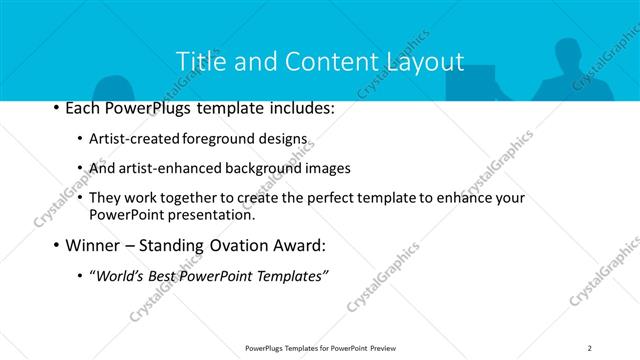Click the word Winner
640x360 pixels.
click(92, 246)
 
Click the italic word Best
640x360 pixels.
click(167, 276)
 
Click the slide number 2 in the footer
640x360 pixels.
click(589, 348)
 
